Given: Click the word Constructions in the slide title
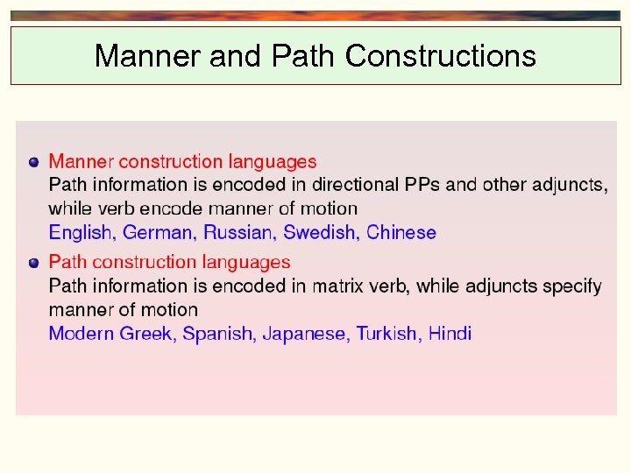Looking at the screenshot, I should tap(440, 56).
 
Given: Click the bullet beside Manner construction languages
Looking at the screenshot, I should tap(33, 162).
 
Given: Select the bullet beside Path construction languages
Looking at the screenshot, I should tap(33, 262).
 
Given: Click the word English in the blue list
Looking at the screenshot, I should tap(81, 233).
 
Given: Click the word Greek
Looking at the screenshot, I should tap(147, 334).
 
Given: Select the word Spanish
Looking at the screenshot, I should tap(219, 334).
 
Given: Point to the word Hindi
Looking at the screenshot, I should tap(450, 334).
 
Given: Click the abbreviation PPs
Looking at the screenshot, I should tap(423, 186).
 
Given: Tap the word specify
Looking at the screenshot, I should tap(572, 286).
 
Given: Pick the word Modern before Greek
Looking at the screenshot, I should tap(82, 334).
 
